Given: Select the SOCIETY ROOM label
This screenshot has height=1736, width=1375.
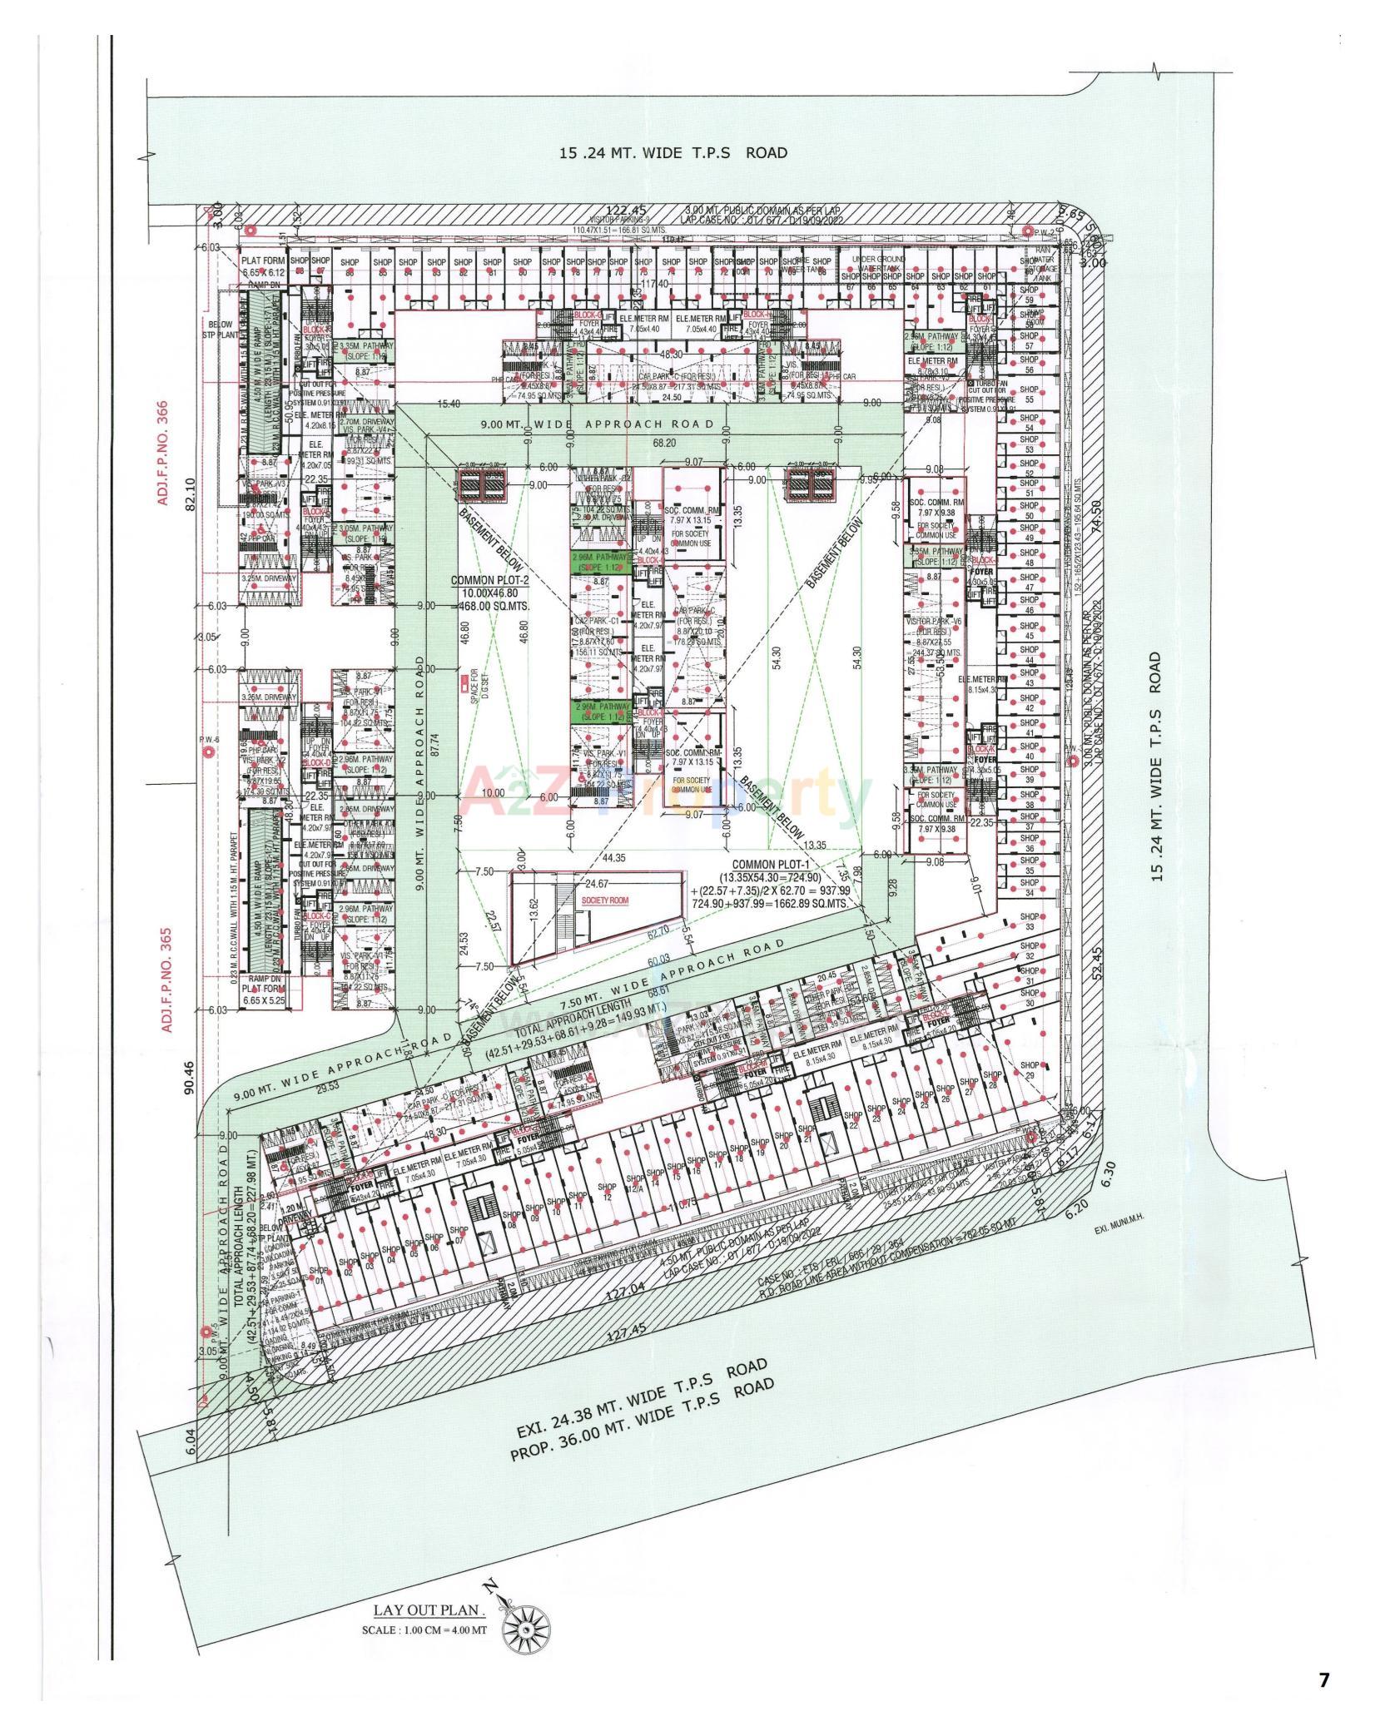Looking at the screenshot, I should pyautogui.click(x=596, y=901).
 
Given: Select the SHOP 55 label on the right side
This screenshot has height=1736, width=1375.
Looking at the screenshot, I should pyautogui.click(x=1029, y=394).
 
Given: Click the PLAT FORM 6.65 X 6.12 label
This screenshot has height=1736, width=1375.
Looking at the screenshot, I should pyautogui.click(x=264, y=265).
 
